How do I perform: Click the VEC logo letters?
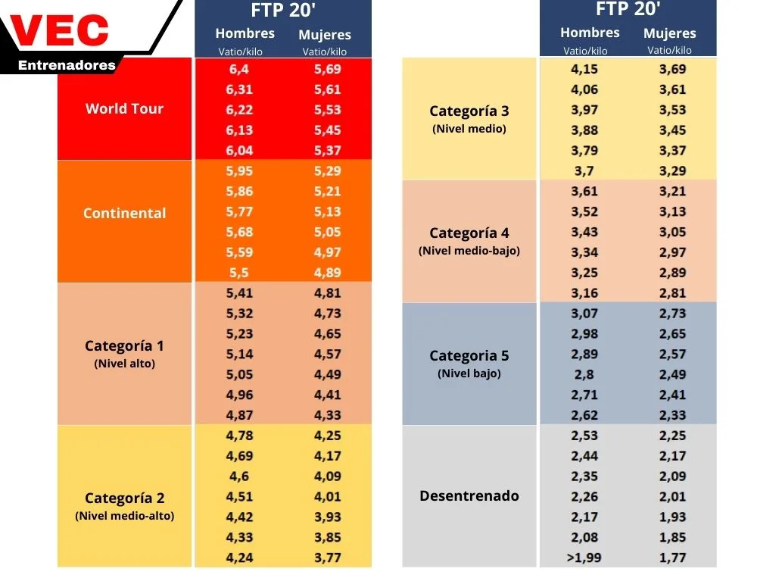[x=59, y=30]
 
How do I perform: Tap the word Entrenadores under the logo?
[x=67, y=65]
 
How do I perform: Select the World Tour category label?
[x=125, y=109]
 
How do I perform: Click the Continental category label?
[x=125, y=213]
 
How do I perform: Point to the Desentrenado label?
[x=469, y=495]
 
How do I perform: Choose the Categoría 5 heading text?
[x=469, y=355]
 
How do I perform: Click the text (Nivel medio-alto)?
[x=125, y=516]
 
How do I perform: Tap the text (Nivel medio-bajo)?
[x=469, y=251]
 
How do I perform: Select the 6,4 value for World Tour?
[x=239, y=69]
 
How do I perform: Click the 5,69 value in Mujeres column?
[x=327, y=69]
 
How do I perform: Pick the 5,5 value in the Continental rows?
[x=239, y=273]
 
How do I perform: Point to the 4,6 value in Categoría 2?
[x=239, y=477]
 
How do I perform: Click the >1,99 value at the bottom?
[x=584, y=558]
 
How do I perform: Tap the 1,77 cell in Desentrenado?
[x=672, y=558]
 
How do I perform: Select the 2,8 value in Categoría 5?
[x=584, y=374]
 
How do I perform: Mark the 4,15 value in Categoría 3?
[x=584, y=69]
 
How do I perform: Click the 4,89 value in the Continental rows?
[x=327, y=273]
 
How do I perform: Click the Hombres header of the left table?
[x=245, y=33]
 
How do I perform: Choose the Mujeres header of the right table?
[x=670, y=33]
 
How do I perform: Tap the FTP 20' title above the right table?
[x=628, y=8]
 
